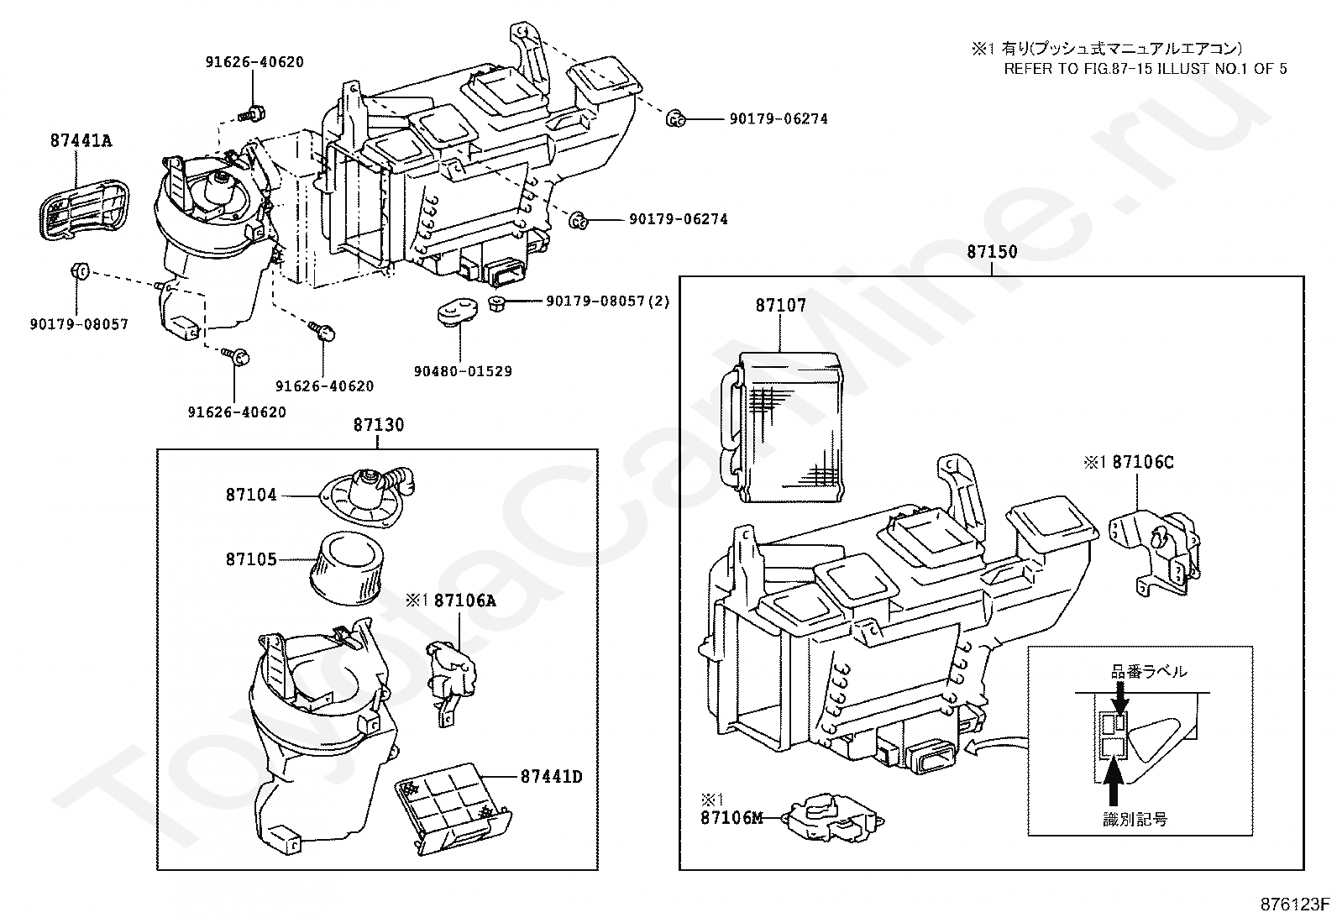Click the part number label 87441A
[81, 141]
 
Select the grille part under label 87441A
[84, 210]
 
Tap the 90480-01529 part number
[463, 371]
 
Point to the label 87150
[992, 252]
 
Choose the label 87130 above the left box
[379, 425]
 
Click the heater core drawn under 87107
[783, 427]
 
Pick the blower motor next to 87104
[367, 496]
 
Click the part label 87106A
[465, 600]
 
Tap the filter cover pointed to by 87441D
[453, 808]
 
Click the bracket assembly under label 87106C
[1154, 553]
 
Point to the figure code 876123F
[1295, 905]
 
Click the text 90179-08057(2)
[608, 302]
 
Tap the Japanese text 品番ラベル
[1148, 672]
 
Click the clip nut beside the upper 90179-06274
[675, 118]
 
